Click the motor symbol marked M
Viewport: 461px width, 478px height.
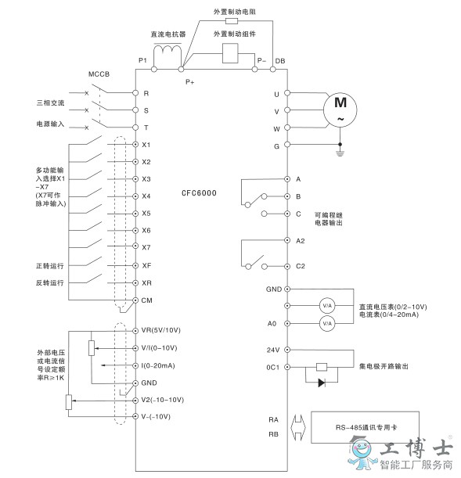tap(340, 110)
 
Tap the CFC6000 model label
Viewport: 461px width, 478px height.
tap(199, 193)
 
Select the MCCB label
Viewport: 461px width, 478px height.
tap(99, 74)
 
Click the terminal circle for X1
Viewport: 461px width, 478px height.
tap(135, 145)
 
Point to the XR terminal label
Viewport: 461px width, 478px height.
tap(146, 283)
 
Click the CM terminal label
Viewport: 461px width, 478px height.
tap(146, 300)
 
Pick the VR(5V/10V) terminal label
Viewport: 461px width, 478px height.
tap(161, 330)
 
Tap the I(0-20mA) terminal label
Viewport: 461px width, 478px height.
tap(158, 365)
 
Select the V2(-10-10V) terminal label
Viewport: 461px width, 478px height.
tap(163, 400)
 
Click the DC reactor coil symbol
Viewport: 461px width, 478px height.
tap(167, 52)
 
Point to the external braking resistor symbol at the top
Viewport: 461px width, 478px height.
tap(232, 20)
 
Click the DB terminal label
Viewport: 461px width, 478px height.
tap(280, 61)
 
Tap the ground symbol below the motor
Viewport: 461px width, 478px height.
tap(340, 153)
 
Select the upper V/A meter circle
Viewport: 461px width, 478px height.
tap(327, 305)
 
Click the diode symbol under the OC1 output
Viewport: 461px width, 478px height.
tap(322, 383)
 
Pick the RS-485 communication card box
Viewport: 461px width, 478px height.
tap(365, 427)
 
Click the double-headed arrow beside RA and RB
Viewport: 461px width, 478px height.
tap(298, 427)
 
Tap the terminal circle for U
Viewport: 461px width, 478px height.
tap(287, 92)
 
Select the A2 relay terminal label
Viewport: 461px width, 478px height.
tap(301, 241)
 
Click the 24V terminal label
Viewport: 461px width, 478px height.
tap(273, 350)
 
